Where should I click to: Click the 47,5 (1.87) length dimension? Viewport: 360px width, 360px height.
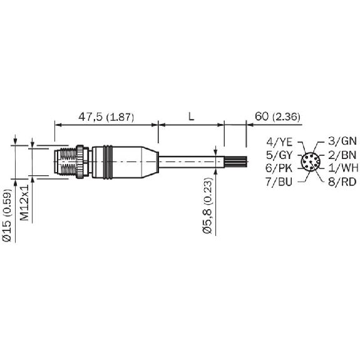click(106, 117)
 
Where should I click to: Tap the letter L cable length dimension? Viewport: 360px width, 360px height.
click(190, 116)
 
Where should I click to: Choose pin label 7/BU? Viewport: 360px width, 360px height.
click(279, 182)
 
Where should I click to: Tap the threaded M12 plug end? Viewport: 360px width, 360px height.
click(65, 161)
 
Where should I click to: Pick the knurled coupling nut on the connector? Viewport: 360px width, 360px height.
click(81, 161)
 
